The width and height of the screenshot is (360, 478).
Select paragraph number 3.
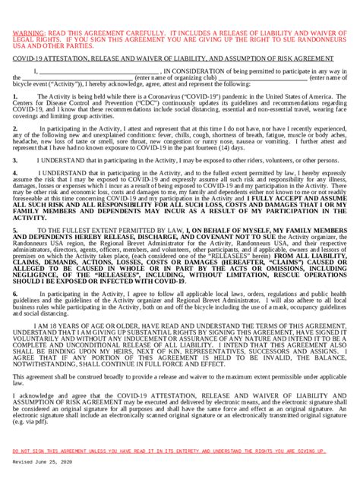click(x=15, y=161)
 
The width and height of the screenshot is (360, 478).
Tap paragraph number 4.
click(x=15, y=173)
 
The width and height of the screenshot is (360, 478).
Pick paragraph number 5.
click(x=15, y=228)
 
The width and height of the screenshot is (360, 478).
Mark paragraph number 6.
click(x=15, y=292)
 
